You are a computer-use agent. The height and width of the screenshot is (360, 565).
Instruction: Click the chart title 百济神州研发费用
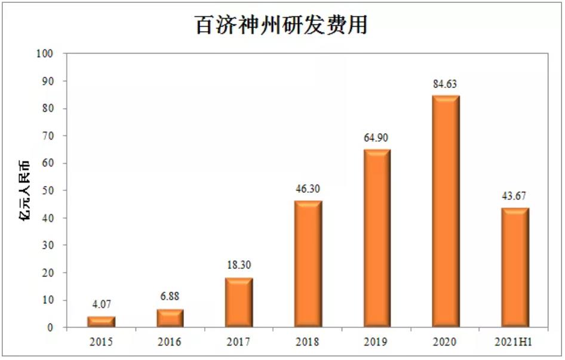(282, 25)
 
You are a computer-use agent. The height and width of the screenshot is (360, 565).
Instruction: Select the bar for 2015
(101, 322)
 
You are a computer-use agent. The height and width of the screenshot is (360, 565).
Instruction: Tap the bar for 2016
(170, 318)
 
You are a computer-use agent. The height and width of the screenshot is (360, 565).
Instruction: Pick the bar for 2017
(239, 303)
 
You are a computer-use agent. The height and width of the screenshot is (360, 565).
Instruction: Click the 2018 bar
(308, 264)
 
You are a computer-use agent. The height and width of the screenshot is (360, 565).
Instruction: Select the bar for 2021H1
(515, 268)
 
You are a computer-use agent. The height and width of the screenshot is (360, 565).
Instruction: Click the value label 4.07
(101, 304)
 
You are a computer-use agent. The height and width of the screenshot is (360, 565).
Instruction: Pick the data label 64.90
(377, 138)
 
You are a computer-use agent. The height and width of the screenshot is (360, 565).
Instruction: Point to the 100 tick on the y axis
(45, 54)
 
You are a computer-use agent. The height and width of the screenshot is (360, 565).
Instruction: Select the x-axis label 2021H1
(515, 343)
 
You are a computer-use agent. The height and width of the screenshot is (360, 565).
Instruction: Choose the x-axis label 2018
(308, 343)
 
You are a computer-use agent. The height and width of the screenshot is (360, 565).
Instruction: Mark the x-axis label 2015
(101, 343)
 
